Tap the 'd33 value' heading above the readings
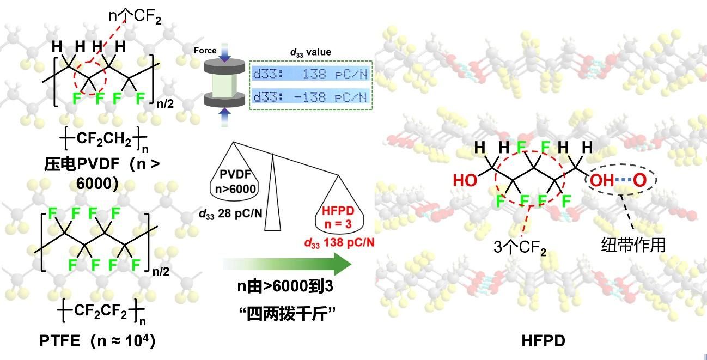(310, 52)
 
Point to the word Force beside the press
(205, 51)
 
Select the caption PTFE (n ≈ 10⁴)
(97, 341)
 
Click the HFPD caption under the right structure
(543, 341)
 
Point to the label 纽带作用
(633, 245)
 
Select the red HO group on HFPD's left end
(465, 180)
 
